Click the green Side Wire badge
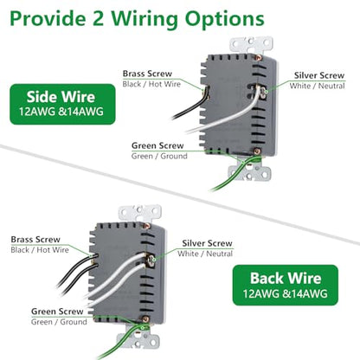pos(62,104)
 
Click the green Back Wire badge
pos(286,285)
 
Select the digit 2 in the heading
pos(98,19)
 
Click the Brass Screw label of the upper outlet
pos(147,74)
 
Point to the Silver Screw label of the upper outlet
pos(319,75)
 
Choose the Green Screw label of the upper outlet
pos(157,145)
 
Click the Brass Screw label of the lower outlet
pos(35,240)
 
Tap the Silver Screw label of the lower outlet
pos(207,243)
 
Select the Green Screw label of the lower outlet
pos(57,312)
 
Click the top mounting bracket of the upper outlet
pos(251,44)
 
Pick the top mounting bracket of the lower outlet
pos(140,213)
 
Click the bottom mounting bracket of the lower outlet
pos(138,340)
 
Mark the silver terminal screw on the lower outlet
pos(151,259)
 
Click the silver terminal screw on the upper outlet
pos(262,92)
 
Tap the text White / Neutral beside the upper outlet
pos(317,86)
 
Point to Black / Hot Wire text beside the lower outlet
pos(40,250)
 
